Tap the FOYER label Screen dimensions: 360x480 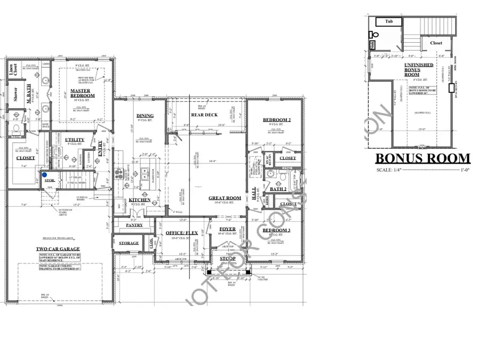[227, 229]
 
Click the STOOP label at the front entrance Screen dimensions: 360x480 [228, 259]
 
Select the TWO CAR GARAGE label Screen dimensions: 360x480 [58, 249]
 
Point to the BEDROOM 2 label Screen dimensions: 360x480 [276, 121]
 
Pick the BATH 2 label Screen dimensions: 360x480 [278, 189]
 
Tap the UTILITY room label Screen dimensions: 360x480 [74, 140]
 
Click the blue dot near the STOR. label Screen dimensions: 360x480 [45, 174]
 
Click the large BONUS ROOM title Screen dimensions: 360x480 [423, 158]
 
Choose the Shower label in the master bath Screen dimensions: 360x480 [16, 94]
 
